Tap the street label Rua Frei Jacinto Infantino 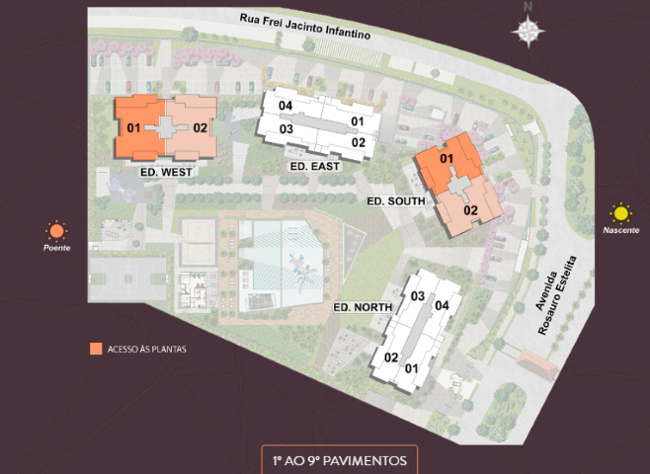click(307, 27)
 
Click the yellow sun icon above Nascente click(620, 212)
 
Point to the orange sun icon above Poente click(56, 232)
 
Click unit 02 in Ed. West click(200, 127)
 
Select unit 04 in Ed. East click(285, 106)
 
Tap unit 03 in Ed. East click(286, 129)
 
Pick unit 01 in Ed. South click(446, 159)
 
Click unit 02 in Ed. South click(470, 209)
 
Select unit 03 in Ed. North click(418, 297)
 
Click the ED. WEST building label click(166, 172)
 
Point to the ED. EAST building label click(315, 167)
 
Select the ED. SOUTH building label click(395, 201)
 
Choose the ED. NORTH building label click(364, 308)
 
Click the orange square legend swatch click(95, 349)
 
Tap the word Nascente click(620, 230)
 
